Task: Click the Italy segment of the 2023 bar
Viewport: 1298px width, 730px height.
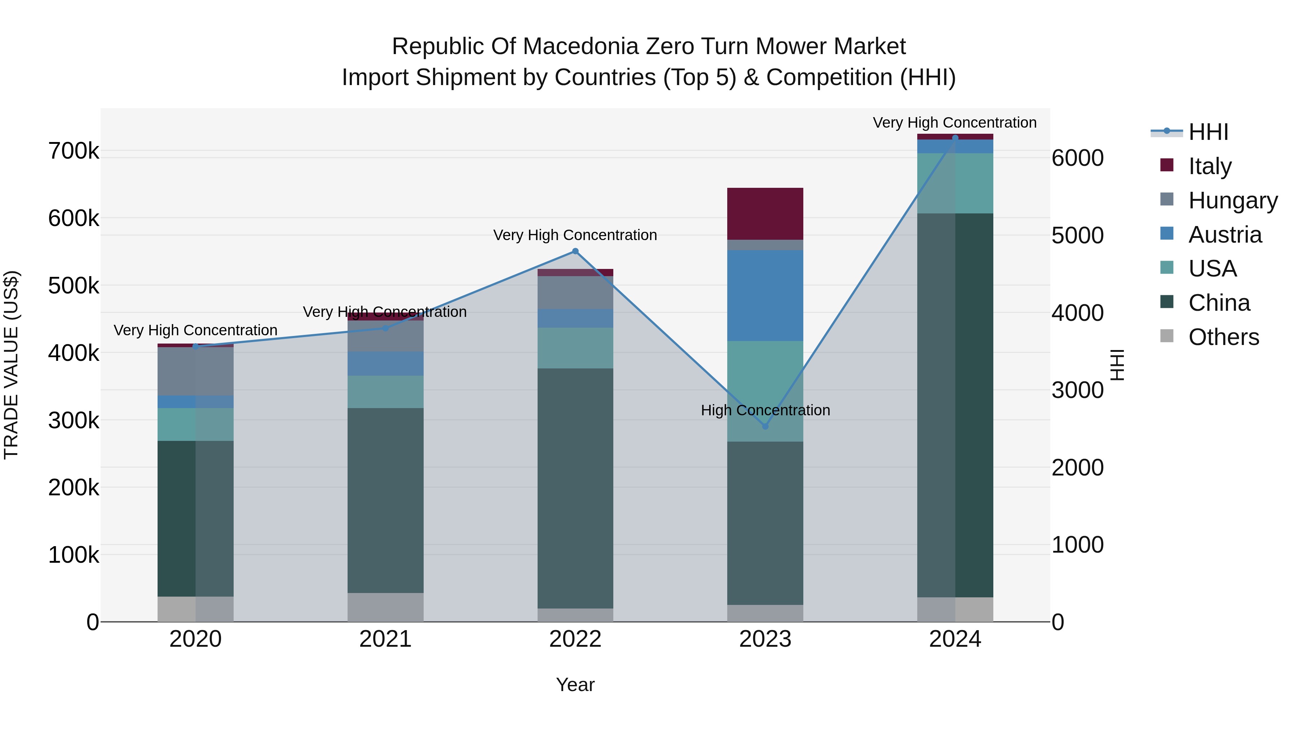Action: [765, 214]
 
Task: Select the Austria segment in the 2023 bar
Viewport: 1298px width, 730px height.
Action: [765, 295]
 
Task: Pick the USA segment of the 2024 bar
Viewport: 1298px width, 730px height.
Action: [955, 183]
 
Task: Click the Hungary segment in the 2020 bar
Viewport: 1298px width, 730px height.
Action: [195, 371]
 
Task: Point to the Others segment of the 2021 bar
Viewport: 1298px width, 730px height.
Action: [385, 607]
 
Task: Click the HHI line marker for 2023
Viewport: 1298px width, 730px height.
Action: [765, 426]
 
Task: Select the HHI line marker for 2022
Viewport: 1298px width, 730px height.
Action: [575, 251]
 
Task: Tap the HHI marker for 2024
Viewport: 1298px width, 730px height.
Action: [955, 138]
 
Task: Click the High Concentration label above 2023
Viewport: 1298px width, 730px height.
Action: [765, 410]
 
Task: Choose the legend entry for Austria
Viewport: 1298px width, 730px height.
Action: [1224, 235]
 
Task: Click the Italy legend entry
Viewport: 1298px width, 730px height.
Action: [1209, 166]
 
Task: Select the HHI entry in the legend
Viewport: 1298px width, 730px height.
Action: [1208, 132]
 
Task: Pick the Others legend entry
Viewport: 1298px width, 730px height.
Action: [1223, 337]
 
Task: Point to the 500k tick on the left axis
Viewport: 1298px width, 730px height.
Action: [74, 286]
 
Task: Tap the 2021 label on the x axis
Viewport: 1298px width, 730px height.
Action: [385, 639]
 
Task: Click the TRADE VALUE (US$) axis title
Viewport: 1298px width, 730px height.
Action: [11, 365]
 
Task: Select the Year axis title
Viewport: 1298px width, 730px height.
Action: [575, 685]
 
